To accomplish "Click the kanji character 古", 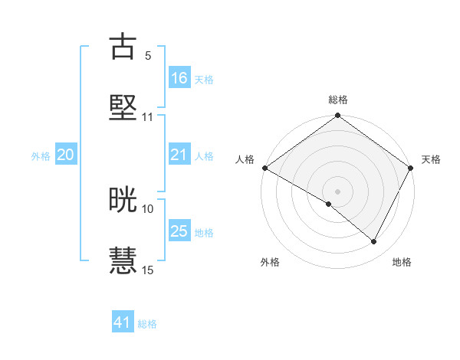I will click(x=123, y=47).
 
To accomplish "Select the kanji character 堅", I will click(x=123, y=107).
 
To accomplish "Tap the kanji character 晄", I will click(x=123, y=200).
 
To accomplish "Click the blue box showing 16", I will click(x=179, y=78).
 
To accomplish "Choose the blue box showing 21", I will click(x=179, y=155).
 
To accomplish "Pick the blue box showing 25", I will click(x=179, y=231).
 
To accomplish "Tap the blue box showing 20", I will click(x=66, y=155).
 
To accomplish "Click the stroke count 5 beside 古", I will click(x=147, y=55).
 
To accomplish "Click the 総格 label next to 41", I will click(x=147, y=324).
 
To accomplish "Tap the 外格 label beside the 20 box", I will click(x=41, y=156).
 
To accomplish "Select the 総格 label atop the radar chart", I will click(x=338, y=100).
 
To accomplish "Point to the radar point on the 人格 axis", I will click(x=264, y=168).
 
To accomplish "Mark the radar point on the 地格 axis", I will click(x=374, y=242).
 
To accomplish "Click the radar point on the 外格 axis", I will click(x=329, y=204).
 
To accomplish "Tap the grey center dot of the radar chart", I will click(x=338, y=191).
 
